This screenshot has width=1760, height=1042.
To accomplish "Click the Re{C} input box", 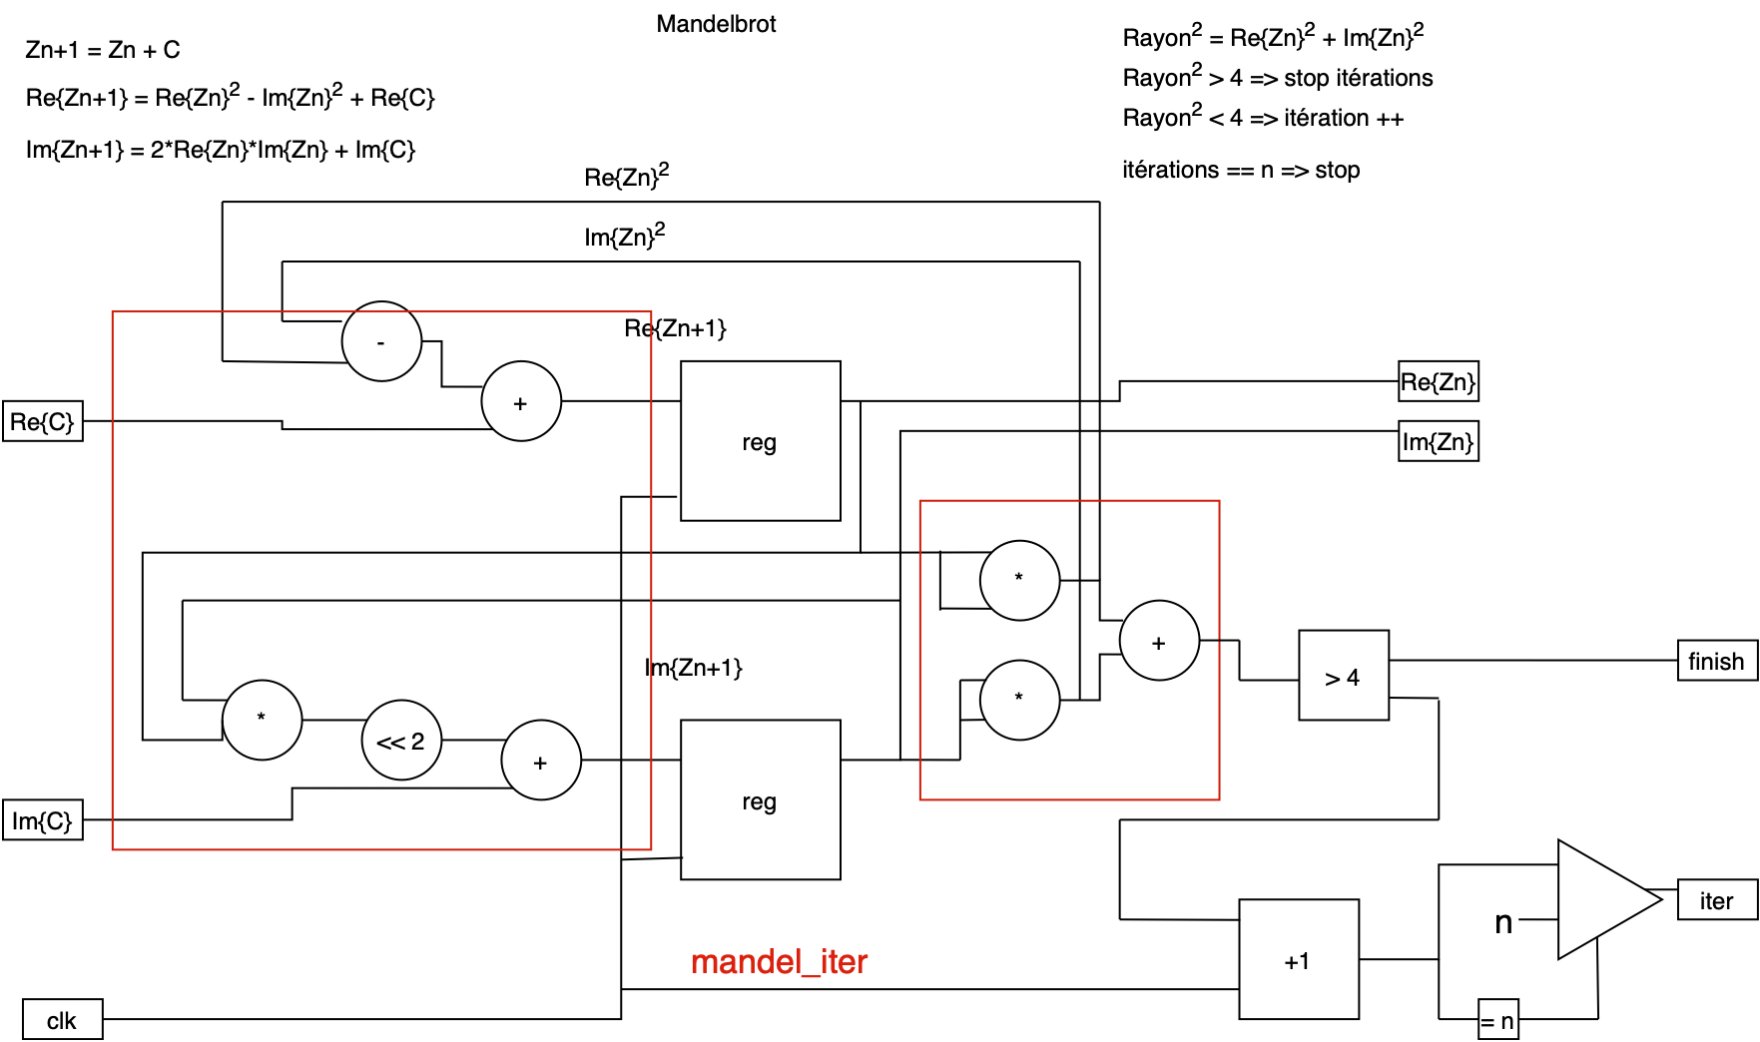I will pos(43,421).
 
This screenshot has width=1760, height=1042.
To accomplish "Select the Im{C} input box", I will pos(43,820).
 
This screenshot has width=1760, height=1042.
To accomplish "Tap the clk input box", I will pos(62,1020).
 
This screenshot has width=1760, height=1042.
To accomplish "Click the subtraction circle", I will pos(381,341).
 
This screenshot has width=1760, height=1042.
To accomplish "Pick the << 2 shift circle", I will pos(401,741).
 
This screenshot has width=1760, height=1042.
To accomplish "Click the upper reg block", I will pos(761,441).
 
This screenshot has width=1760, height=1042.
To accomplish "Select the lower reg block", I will pos(761,800).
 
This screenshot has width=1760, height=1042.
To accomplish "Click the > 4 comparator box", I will pos(1344,676).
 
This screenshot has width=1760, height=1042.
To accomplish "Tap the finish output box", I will pos(1717,661).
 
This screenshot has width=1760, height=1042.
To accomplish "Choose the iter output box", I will pos(1717,900).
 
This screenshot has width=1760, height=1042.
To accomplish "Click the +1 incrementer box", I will pos(1299,960).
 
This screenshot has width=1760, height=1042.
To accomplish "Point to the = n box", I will pos(1497,1020).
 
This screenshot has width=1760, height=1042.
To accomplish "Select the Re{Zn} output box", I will pos(1439,381).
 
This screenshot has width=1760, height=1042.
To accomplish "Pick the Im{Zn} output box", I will pos(1439,441).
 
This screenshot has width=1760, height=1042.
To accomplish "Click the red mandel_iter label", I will pos(779,961).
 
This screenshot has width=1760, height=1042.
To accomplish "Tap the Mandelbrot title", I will pos(716,24).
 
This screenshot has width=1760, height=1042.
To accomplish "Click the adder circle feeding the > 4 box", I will pos(1159,641).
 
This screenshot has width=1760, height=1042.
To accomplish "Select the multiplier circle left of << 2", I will pos(262,721).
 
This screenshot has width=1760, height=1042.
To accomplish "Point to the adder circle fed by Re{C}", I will pos(521,401).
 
